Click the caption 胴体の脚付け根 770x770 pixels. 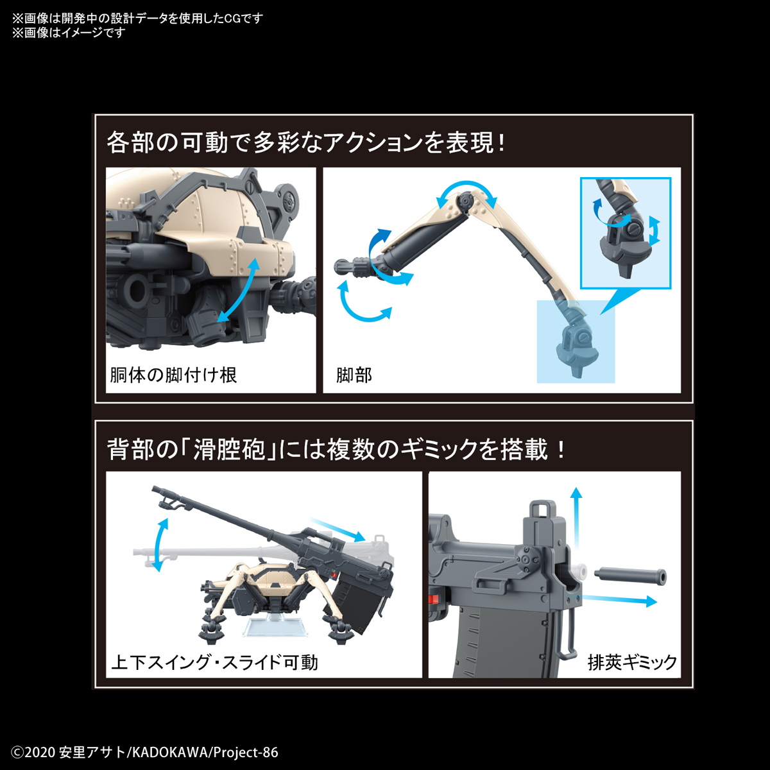(173, 375)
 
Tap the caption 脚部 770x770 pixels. (354, 375)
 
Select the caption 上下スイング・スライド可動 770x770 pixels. (214, 662)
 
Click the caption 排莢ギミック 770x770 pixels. (632, 662)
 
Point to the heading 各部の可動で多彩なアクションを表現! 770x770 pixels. (306, 142)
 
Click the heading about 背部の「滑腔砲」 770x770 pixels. (337, 449)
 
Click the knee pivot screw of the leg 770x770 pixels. (464, 204)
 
